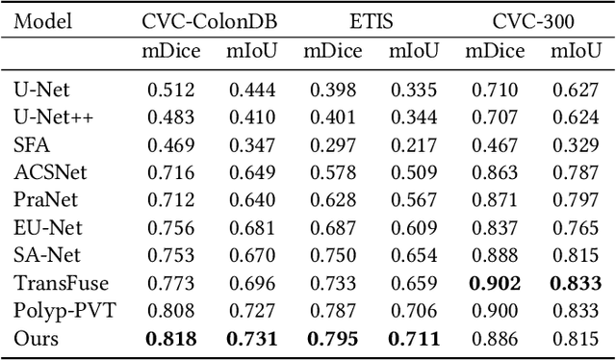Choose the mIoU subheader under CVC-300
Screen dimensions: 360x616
[x=577, y=52]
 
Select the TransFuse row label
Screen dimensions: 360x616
[x=48, y=283]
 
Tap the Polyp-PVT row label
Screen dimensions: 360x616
[x=50, y=311]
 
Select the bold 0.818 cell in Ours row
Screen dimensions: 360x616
[x=171, y=339]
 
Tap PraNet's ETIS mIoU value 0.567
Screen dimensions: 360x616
[x=415, y=200]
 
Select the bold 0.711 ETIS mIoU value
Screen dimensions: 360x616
[x=415, y=339]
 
